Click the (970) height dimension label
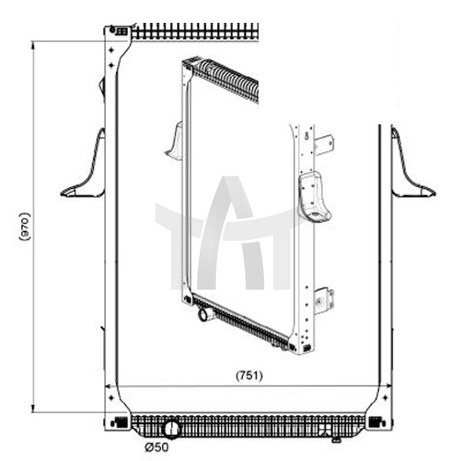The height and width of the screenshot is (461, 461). click(x=25, y=227)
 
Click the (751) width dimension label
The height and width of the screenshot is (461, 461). click(x=249, y=376)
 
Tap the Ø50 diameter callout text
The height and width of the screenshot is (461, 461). click(x=157, y=447)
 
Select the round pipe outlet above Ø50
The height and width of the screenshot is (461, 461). click(x=171, y=429)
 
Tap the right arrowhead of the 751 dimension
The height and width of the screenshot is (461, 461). click(x=388, y=386)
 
